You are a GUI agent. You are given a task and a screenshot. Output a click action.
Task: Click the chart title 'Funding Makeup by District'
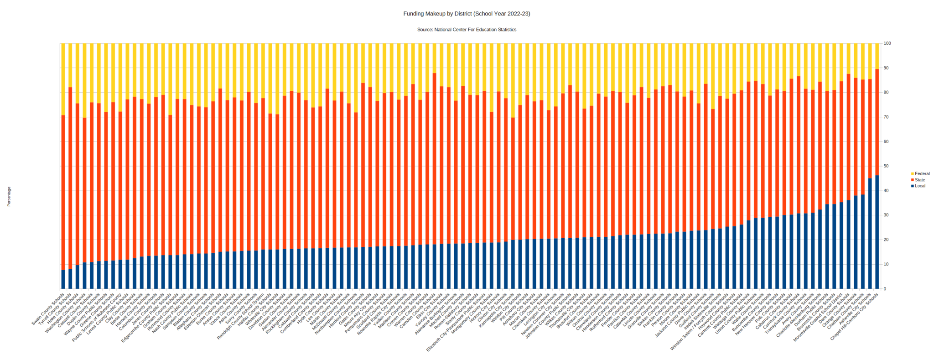point(467,14)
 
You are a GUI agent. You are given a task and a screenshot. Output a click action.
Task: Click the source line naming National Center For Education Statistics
point(467,30)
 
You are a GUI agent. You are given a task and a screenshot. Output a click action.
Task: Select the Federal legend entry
point(922,174)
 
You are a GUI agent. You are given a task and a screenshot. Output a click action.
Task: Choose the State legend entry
point(920,180)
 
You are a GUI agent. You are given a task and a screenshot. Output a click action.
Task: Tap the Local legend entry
point(920,186)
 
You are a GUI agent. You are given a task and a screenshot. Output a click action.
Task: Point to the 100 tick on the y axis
point(887,44)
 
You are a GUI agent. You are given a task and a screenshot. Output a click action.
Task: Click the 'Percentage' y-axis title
point(9,197)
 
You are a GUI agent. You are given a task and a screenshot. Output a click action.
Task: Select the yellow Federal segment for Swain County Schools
point(63,79)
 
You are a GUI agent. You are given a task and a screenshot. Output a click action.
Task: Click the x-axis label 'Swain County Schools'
point(48,312)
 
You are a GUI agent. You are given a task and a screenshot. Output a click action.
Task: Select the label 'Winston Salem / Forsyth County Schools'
point(693,322)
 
